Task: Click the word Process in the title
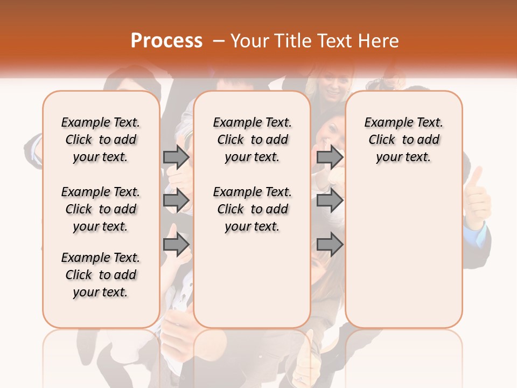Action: (x=166, y=41)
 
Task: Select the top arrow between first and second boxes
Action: (x=176, y=157)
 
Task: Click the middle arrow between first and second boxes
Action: (x=176, y=200)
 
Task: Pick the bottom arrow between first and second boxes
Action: (x=176, y=244)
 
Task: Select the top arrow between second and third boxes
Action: (x=330, y=157)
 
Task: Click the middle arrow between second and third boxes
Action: (x=330, y=200)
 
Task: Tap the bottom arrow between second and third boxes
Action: (x=330, y=244)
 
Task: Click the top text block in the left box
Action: (x=101, y=140)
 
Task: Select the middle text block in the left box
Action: (x=101, y=209)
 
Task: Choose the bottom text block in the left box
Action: (x=101, y=275)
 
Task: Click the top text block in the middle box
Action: (x=252, y=140)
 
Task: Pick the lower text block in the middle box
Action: (x=252, y=209)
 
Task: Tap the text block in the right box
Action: (x=403, y=140)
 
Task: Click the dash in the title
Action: (x=218, y=41)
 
